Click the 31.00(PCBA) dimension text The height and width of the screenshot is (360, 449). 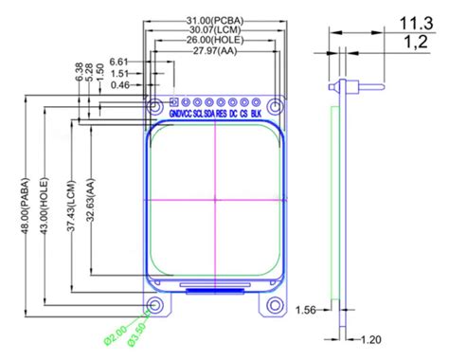point(214,19)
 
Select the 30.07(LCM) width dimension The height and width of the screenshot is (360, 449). point(214,29)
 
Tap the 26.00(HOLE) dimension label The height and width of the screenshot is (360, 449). point(214,40)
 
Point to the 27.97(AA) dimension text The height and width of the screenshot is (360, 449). point(214,51)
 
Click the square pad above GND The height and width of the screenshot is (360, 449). point(173,101)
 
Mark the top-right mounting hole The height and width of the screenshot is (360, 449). point(275,104)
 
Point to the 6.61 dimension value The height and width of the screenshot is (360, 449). point(120,62)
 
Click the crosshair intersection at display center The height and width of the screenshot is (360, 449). point(215,201)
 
